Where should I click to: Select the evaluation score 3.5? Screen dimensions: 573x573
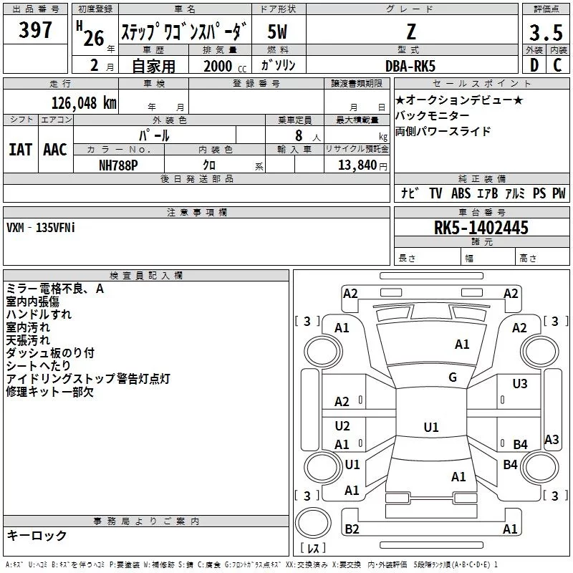(x=546, y=33)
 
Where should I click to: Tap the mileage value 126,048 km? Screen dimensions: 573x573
(x=84, y=102)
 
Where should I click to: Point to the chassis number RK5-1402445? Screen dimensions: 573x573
(x=481, y=228)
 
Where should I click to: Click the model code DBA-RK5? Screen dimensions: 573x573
(x=409, y=65)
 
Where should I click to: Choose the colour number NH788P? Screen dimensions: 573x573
(x=119, y=165)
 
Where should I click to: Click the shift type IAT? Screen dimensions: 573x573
(x=21, y=149)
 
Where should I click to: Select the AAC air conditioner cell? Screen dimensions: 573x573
(x=54, y=149)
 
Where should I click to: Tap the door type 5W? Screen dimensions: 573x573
(x=278, y=32)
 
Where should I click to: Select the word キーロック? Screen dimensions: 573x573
(x=37, y=535)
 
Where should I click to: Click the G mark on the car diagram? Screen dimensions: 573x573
(x=453, y=377)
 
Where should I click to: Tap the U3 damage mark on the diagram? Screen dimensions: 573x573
(x=520, y=384)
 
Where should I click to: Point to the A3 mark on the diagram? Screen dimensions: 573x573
(x=552, y=440)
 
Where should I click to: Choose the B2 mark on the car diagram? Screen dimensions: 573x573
(x=352, y=529)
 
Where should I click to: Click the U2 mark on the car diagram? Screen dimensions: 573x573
(x=342, y=426)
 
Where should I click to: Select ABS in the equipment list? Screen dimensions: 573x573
(x=461, y=193)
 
